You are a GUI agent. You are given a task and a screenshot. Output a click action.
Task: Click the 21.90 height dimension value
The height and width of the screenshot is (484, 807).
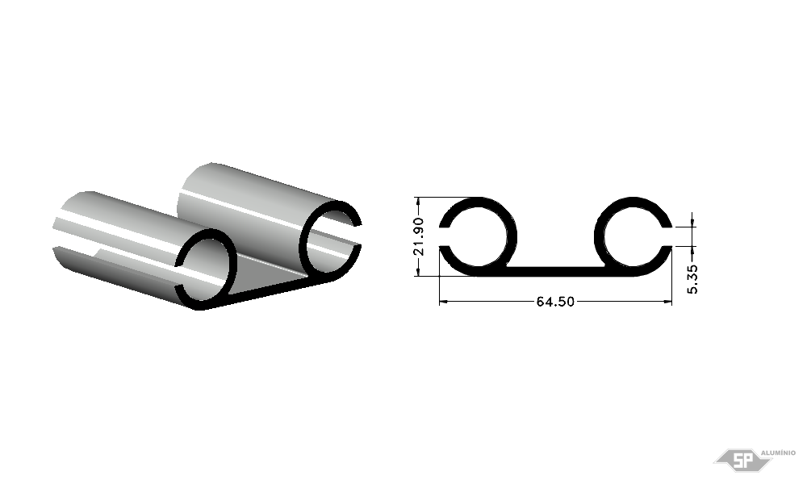click(x=418, y=236)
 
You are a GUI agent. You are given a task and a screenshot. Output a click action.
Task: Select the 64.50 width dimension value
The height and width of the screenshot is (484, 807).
click(x=555, y=302)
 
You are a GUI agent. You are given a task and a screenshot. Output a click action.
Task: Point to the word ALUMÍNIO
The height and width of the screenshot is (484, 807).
click(x=778, y=453)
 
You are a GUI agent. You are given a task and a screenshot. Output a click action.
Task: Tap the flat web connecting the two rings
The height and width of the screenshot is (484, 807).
click(x=555, y=271)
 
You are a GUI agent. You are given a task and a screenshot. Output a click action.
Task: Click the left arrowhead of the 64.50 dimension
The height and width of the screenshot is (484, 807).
click(x=442, y=302)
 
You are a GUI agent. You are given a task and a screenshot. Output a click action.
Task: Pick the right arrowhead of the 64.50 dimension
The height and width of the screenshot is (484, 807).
click(x=668, y=302)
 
